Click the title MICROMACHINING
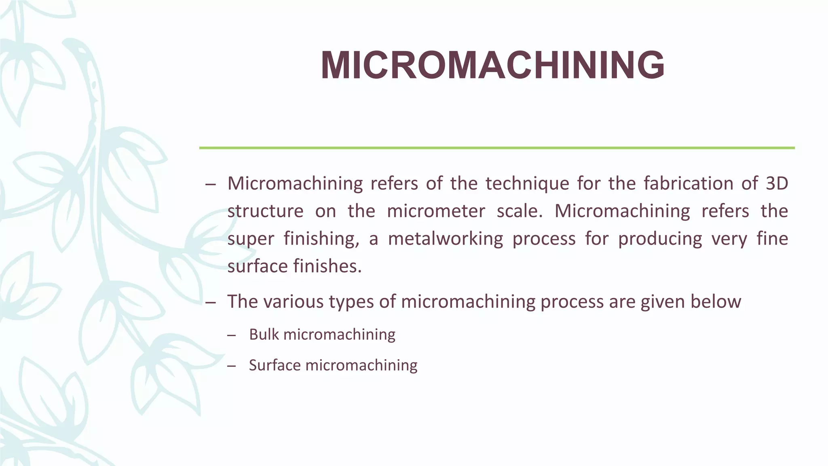point(492,66)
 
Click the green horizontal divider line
point(496,148)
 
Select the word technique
point(527,184)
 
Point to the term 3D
point(777,184)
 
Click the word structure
point(265,211)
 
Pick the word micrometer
point(436,211)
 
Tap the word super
point(250,239)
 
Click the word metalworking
point(445,239)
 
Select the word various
point(291,302)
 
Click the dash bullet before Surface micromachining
point(231,366)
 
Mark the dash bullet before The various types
point(210,302)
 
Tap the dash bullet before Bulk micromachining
point(231,335)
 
